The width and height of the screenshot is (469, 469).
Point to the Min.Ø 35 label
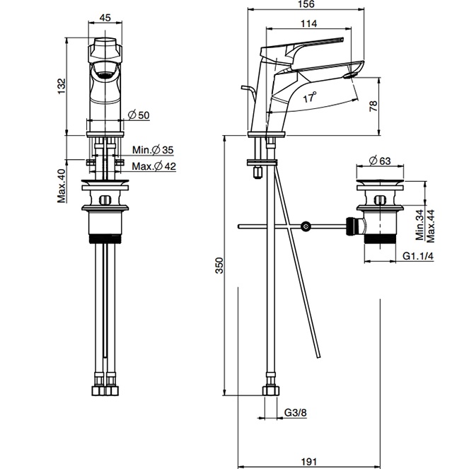[x=153, y=150]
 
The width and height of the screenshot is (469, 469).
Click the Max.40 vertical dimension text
[x=62, y=185]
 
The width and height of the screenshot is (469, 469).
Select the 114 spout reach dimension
[x=308, y=23]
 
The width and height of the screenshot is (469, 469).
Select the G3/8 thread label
[x=296, y=412]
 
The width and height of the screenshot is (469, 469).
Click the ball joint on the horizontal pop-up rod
[x=306, y=227]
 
